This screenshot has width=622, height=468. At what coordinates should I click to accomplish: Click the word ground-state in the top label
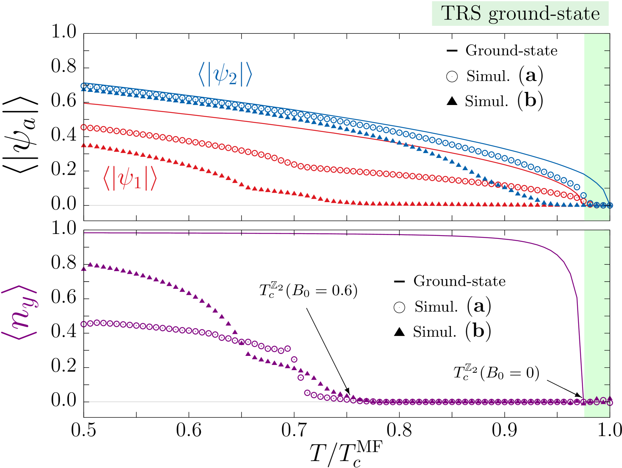coord(544,14)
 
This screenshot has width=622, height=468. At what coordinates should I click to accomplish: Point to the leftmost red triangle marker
coord(84,145)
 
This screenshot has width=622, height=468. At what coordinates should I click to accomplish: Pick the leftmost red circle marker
coord(84,127)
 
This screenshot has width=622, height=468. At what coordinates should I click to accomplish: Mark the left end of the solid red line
coord(85,103)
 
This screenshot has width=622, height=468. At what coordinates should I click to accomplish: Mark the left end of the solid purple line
coord(85,233)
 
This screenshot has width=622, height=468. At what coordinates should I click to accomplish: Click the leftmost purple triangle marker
coord(84,269)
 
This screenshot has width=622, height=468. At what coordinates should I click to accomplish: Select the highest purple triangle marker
coord(90,264)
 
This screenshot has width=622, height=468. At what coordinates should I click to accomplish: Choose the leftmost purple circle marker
coord(84,324)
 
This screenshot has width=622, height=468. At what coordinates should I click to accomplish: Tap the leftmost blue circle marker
coord(84,86)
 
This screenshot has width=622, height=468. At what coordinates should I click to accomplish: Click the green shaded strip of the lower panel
coord(596,319)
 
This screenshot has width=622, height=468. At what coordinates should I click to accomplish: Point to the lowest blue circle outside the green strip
coord(583,195)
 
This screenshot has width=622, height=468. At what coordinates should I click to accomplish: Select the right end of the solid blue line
coord(609,205)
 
